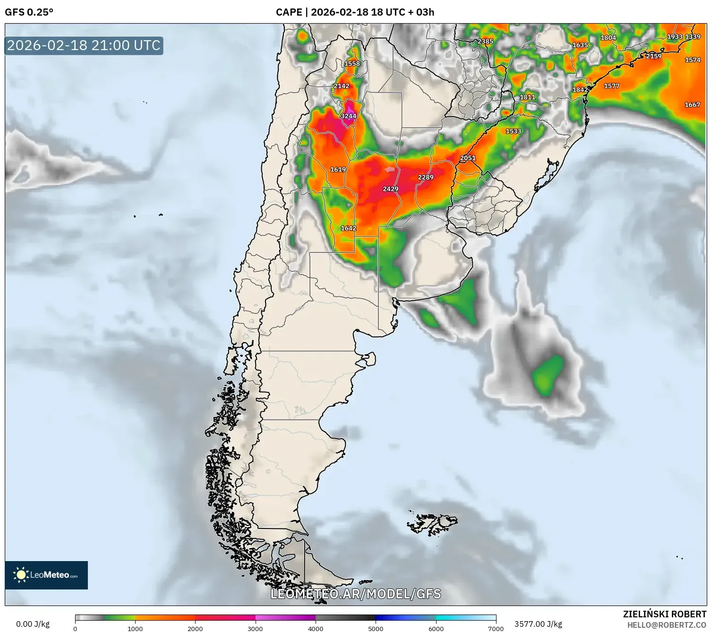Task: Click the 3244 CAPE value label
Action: [349, 116]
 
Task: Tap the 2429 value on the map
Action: [391, 189]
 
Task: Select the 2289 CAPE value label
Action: [426, 177]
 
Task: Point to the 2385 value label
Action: [485, 42]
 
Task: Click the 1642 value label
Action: [349, 228]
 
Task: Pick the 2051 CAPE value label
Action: [468, 158]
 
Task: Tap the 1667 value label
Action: [693, 104]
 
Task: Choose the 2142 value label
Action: [342, 86]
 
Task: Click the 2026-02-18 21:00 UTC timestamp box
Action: [84, 45]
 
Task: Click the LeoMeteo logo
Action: [46, 575]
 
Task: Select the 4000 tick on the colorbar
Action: [316, 628]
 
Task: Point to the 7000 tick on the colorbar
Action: [496, 628]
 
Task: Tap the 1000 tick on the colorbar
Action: [135, 628]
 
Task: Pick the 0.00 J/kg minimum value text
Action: [33, 624]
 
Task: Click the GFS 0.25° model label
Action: [29, 12]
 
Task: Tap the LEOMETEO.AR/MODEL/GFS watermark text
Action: [356, 594]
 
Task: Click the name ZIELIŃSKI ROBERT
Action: [665, 614]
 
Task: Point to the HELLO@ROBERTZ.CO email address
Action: [667, 625]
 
